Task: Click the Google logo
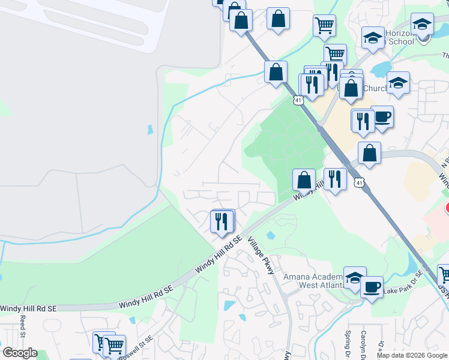[19, 353]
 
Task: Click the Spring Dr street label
[348, 341]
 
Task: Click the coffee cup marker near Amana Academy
[372, 287]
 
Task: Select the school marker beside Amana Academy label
[355, 277]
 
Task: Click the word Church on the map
[376, 89]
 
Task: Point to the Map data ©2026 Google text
[412, 355]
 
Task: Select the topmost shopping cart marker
[324, 25]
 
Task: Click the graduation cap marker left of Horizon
[373, 37]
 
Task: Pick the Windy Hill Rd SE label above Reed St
[28, 308]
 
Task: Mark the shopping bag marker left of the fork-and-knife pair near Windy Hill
[304, 179]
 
